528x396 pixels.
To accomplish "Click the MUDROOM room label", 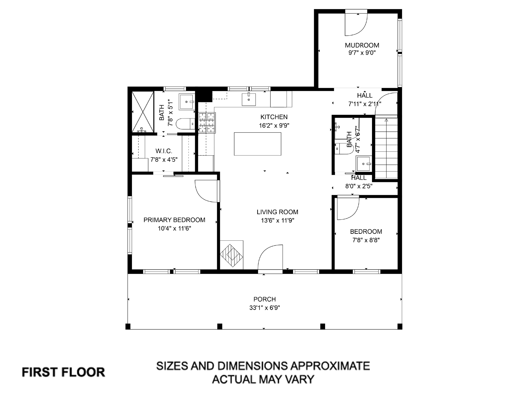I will point(362,45).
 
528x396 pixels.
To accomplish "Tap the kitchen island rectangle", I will point(257,144).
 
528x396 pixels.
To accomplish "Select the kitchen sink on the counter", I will point(249,100).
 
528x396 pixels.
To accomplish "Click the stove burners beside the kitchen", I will point(207,123).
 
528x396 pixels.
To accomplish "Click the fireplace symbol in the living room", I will point(231,255).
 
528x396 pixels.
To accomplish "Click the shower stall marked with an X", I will point(143,112).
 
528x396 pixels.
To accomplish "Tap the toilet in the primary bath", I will point(185,124).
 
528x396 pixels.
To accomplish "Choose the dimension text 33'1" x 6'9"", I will point(265,308).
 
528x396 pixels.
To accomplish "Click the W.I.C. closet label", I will point(164,151).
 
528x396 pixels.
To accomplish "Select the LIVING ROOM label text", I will point(277,212).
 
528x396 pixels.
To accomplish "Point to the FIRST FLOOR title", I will point(63,372).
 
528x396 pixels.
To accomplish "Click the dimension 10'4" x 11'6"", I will point(174,228).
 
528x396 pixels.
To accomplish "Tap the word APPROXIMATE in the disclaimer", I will point(330,366).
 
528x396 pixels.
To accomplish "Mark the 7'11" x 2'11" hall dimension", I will point(365,104).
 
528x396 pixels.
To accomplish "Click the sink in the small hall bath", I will point(364,164).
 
